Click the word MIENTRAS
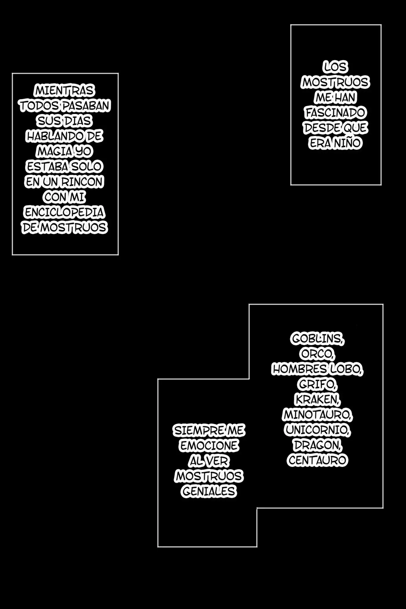click(x=64, y=91)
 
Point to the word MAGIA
click(x=55, y=151)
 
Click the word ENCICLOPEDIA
click(x=64, y=212)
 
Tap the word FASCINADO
click(x=336, y=113)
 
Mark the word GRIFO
click(x=317, y=384)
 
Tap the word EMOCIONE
click(x=209, y=445)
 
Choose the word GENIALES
click(x=209, y=491)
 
